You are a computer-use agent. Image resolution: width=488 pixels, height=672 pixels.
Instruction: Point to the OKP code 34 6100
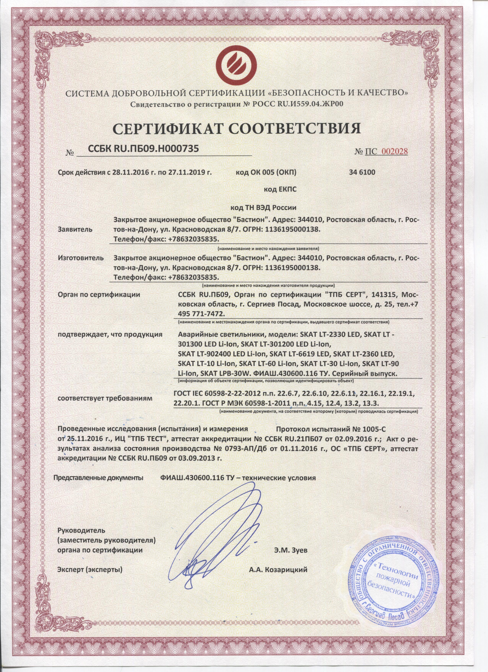(x=362, y=173)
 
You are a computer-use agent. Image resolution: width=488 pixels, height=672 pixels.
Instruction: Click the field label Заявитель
(x=75, y=229)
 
